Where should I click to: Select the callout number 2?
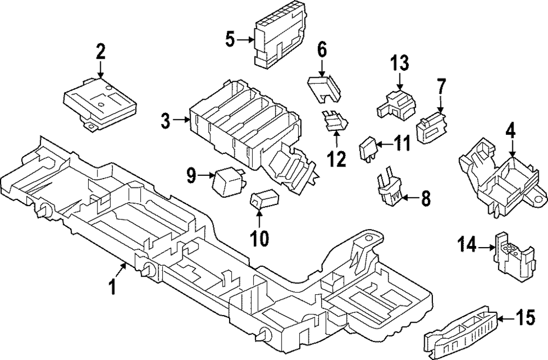click(100, 52)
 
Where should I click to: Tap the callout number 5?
click(230, 39)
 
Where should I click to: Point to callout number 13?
click(399, 64)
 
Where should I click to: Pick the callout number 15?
click(527, 318)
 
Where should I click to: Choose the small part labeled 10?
click(264, 200)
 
